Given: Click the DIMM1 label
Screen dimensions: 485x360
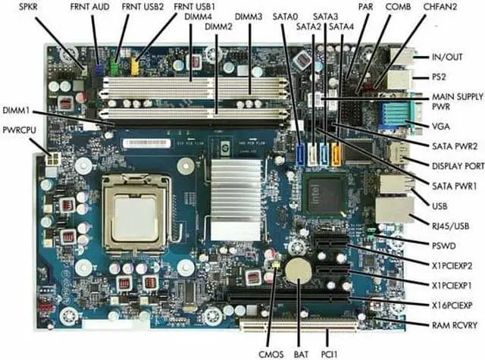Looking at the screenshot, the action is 17,109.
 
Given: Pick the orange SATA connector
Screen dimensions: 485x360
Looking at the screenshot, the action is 337,152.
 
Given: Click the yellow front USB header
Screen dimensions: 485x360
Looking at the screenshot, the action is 135,67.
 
